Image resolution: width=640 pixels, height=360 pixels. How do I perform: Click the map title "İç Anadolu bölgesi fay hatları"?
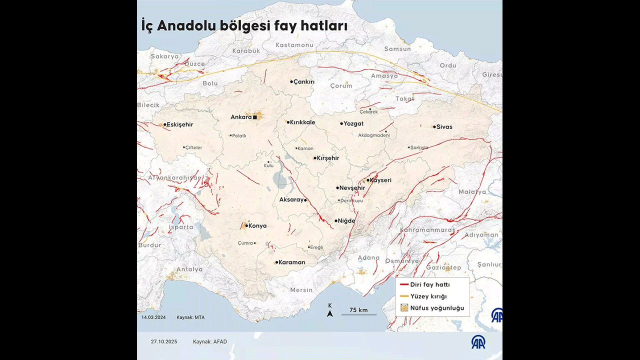[244, 26]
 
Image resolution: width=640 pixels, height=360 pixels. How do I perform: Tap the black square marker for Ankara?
[255, 117]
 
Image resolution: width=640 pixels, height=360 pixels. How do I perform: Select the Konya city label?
[257, 226]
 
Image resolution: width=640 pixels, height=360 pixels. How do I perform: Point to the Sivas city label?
[444, 127]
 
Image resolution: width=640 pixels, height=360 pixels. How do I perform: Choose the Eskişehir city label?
[179, 124]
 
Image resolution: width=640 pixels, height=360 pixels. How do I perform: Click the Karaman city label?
[291, 262]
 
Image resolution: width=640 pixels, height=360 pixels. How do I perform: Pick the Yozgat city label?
[353, 123]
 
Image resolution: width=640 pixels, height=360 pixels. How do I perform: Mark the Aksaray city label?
[291, 199]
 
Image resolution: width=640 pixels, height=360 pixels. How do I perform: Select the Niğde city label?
[346, 221]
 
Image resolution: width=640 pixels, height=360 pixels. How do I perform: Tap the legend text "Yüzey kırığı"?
[428, 296]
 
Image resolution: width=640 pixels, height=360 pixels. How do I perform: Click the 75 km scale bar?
[358, 314]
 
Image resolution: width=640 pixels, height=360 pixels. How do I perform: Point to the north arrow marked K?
[329, 311]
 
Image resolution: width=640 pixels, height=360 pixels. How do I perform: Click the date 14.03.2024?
[153, 317]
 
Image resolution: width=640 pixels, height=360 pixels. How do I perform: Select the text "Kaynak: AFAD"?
[210, 342]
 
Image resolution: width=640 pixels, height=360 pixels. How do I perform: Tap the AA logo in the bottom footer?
[478, 341]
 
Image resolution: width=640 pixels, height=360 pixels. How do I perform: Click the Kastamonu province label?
[294, 45]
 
